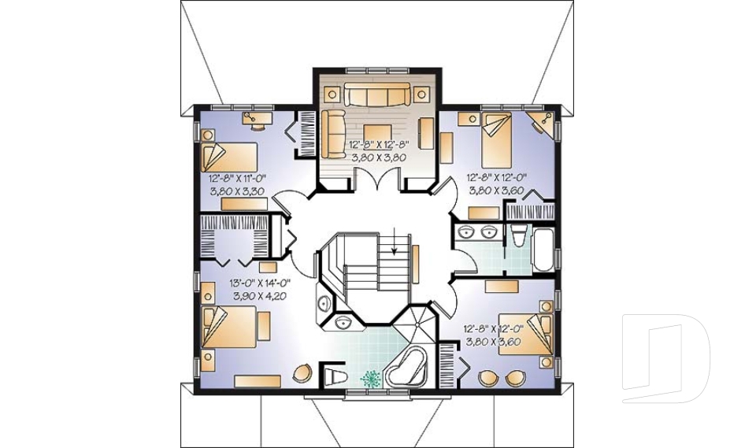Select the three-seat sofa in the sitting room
point(377,94)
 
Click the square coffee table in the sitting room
point(376,136)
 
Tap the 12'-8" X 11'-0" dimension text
point(237,179)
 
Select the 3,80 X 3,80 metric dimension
point(378,157)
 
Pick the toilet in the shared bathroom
point(518,236)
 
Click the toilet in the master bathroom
point(335,376)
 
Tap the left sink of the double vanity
point(467,232)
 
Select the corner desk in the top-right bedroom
point(542,122)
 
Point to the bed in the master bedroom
point(230,327)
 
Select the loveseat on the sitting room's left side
point(332,133)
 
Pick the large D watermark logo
point(665,357)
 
